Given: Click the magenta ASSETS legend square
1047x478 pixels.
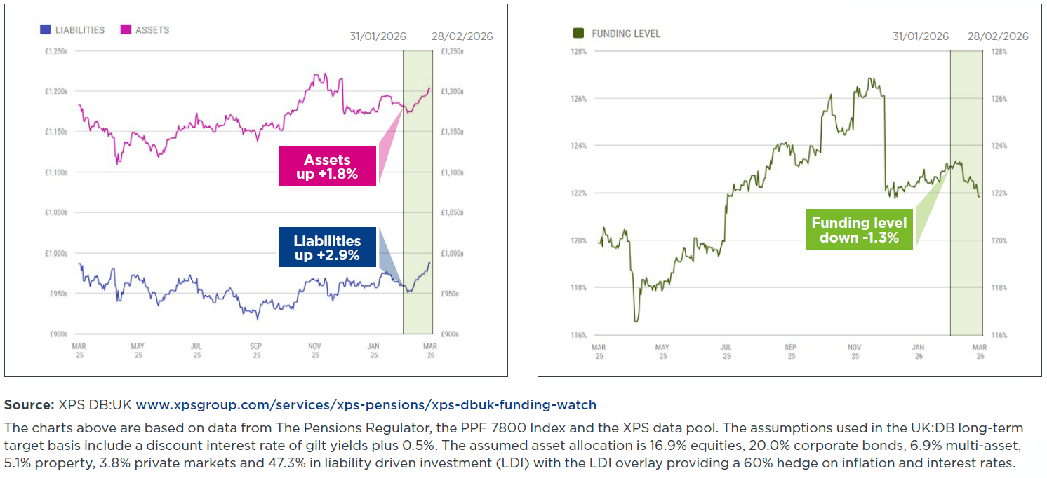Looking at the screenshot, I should pyautogui.click(x=126, y=30).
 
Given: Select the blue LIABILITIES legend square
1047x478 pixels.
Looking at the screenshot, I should pyautogui.click(x=46, y=30).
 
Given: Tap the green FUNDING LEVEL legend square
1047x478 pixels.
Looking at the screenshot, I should pyautogui.click(x=579, y=34).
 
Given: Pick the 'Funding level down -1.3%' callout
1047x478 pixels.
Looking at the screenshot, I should pyautogui.click(x=859, y=230).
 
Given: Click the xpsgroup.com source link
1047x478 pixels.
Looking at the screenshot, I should pyautogui.click(x=366, y=404).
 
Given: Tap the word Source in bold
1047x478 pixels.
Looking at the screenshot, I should pyautogui.click(x=29, y=404).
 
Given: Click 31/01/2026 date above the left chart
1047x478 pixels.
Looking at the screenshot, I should pyautogui.click(x=378, y=36).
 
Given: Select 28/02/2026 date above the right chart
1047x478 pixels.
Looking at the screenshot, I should pyautogui.click(x=997, y=36).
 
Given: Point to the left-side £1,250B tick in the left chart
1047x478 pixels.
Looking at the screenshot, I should pyautogui.click(x=55, y=51).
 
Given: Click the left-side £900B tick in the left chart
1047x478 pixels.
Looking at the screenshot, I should pyautogui.click(x=58, y=334).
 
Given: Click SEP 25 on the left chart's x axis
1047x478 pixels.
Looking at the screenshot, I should pyautogui.click(x=256, y=350).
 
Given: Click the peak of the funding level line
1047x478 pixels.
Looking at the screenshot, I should pyautogui.click(x=869, y=78).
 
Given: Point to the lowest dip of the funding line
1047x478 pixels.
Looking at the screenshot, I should pyautogui.click(x=636, y=321).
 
